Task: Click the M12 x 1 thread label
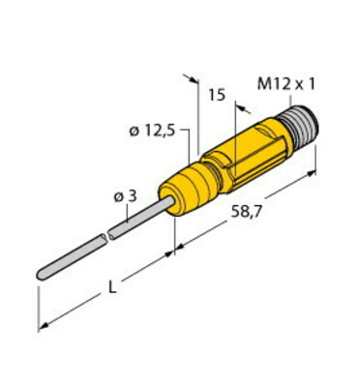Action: [286, 84]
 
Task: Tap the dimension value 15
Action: [217, 95]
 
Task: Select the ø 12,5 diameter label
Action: [152, 131]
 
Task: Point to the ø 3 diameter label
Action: [126, 196]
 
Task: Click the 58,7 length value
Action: [246, 212]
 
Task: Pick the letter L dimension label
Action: [111, 286]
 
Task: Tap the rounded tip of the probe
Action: [41, 275]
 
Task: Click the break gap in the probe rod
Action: [106, 237]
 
